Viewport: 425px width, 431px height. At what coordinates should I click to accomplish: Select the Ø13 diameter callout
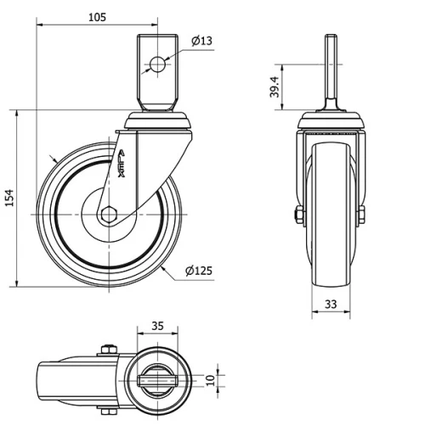click(x=201, y=41)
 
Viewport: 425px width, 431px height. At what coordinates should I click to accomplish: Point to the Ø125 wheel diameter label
click(x=198, y=271)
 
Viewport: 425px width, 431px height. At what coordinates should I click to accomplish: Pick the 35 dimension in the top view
click(x=157, y=324)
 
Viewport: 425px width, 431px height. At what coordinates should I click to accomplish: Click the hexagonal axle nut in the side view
click(x=108, y=215)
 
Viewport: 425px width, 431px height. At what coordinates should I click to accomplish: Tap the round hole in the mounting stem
click(x=157, y=64)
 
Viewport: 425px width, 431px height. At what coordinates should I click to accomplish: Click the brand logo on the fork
click(x=120, y=160)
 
